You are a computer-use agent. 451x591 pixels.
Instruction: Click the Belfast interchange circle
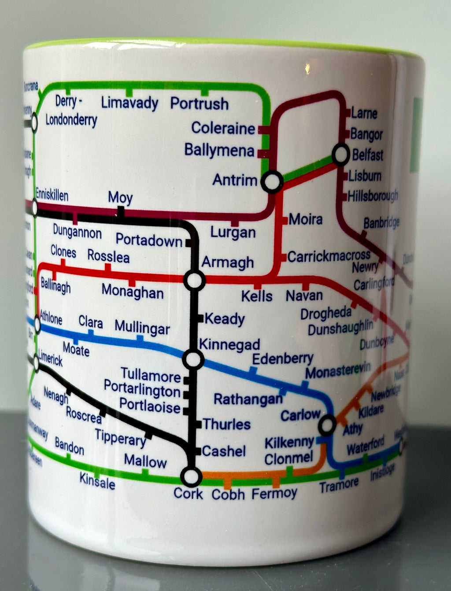(x=340, y=155)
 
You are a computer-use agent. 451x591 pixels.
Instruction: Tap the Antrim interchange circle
(x=272, y=181)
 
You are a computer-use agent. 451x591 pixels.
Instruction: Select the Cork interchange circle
(x=191, y=476)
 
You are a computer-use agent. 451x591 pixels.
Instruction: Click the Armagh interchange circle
(x=194, y=280)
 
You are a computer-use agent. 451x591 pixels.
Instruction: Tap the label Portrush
(x=200, y=104)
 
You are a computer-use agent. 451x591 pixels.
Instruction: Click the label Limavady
(x=129, y=103)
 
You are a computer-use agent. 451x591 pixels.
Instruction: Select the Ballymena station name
(x=219, y=150)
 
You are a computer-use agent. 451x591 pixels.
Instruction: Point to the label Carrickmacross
(x=329, y=256)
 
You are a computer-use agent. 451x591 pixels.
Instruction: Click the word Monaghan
(x=132, y=292)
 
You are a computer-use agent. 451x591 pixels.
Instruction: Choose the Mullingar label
(x=142, y=328)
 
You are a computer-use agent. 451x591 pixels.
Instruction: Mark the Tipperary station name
(x=120, y=437)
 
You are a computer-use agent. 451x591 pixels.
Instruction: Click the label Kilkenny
(x=289, y=442)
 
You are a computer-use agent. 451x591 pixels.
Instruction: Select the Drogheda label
(x=326, y=314)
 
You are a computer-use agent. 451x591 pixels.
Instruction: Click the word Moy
(x=120, y=198)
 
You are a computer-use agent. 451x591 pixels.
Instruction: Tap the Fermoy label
(x=274, y=493)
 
